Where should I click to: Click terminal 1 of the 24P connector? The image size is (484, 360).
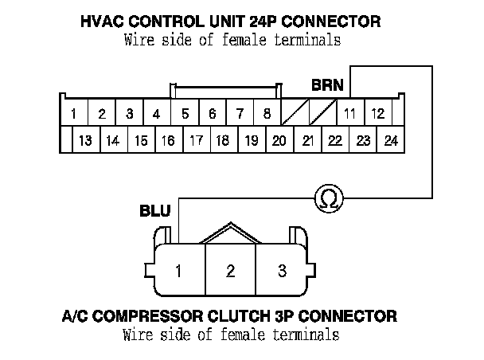[73, 114]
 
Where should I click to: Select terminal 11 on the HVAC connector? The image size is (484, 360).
[349, 114]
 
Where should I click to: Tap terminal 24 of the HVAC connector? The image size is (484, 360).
[390, 141]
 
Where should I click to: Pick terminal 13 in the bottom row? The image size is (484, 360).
[85, 141]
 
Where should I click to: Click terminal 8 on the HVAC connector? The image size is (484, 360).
[267, 114]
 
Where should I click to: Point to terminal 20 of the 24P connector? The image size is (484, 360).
[279, 141]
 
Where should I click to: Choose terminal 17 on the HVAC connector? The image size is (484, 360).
[196, 141]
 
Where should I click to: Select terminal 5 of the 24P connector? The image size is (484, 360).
[185, 114]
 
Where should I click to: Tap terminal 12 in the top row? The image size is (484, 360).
[378, 114]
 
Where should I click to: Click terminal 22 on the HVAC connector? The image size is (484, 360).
[335, 141]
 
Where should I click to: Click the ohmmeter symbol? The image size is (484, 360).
[326, 197]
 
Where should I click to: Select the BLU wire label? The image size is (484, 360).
[154, 212]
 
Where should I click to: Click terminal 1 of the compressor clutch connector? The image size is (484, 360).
[179, 272]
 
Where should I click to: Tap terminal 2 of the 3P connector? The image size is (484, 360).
[231, 272]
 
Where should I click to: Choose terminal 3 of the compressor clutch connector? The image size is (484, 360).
[282, 272]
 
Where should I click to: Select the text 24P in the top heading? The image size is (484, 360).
[252, 21]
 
